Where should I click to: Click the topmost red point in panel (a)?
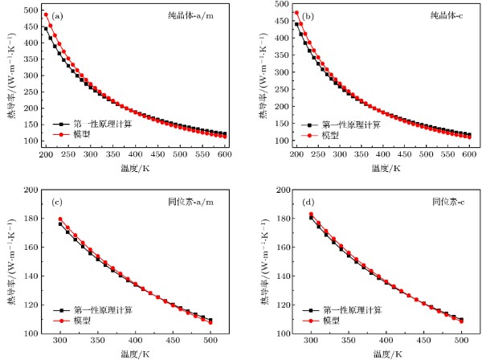click(x=47, y=14)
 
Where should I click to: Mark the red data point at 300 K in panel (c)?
click(x=60, y=219)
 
